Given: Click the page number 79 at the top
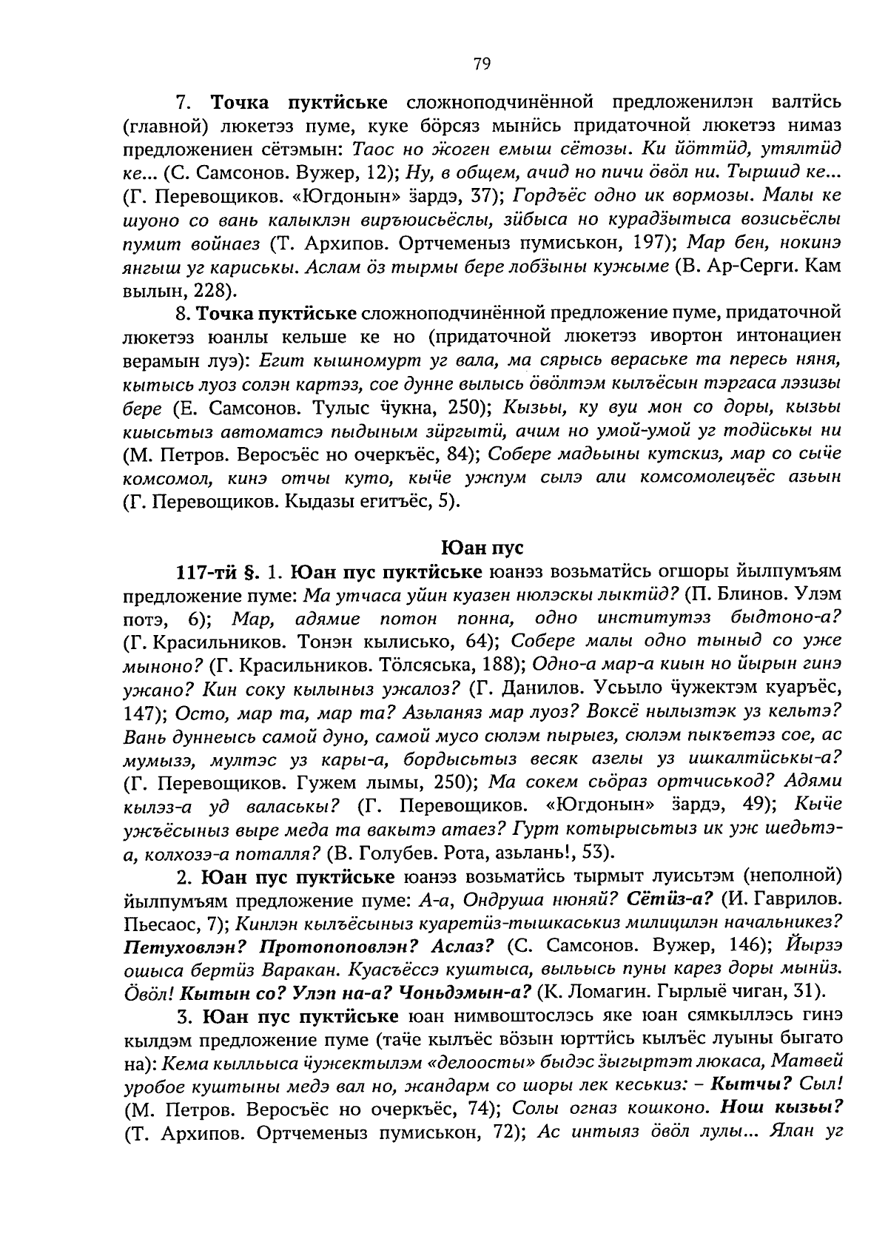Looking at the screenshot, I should pyautogui.click(x=481, y=64).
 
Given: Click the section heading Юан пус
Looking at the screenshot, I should pyautogui.click(x=482, y=548).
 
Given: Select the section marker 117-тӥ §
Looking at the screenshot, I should pyautogui.click(x=215, y=572).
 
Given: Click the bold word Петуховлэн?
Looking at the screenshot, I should pyautogui.click(x=177, y=945).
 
